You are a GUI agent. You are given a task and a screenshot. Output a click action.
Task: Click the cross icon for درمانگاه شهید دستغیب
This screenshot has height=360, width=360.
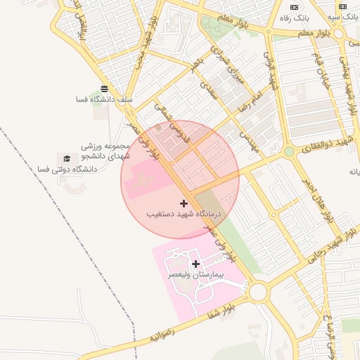point(184,202)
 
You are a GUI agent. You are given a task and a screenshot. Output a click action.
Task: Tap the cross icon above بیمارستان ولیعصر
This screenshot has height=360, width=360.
point(195,264)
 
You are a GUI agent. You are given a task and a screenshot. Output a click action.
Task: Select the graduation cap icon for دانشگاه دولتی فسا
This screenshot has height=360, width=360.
point(67,159)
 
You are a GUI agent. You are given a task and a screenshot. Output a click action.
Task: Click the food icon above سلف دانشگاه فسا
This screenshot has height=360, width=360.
point(104,89)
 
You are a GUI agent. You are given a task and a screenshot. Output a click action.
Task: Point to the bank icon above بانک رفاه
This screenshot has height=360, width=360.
point(295,6)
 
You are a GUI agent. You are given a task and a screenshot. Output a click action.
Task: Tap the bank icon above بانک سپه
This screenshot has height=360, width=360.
point(342,6)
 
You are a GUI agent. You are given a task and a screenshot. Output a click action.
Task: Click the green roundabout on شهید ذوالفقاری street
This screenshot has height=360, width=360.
point(288,151)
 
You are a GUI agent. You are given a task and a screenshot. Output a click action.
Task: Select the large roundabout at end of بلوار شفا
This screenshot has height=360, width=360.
point(258,290)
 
